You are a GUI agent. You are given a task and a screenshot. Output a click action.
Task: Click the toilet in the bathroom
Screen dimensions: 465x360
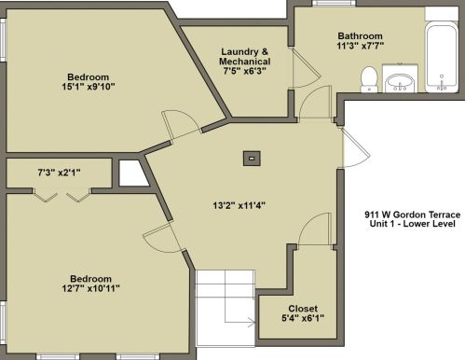369,79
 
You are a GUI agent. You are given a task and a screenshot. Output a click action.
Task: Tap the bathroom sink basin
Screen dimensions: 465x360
400,83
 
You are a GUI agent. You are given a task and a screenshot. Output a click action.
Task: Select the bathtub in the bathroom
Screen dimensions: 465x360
442,58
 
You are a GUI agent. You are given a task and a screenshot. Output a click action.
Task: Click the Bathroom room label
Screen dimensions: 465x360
360,35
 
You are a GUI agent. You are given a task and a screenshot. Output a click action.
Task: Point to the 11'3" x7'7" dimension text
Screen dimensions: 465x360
361,46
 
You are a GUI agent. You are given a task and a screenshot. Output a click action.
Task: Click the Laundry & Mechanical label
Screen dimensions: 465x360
244,56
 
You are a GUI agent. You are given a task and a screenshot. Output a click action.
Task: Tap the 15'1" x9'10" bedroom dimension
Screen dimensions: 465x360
89,87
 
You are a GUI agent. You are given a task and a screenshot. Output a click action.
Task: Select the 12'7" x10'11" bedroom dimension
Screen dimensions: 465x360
90,288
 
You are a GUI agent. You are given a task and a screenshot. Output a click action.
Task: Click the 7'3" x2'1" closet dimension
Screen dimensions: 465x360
59,172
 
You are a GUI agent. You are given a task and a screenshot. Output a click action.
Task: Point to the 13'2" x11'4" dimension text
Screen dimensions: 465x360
239,205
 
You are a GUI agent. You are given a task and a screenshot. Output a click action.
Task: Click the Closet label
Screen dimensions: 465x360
303,309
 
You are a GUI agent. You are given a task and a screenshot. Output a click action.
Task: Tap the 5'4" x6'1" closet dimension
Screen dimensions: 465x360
303,318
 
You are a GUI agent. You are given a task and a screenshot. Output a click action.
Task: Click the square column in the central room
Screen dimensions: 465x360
252,159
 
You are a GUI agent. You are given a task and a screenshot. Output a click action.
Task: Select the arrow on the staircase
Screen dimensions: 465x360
239,323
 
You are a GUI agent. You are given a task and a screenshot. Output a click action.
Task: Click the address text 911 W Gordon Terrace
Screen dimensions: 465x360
413,215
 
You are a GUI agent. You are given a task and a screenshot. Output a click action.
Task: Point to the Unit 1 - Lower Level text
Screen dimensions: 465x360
413,224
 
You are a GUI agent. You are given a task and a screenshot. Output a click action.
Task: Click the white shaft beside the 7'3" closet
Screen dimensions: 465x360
133,173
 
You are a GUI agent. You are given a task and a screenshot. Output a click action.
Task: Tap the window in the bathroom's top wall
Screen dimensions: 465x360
334,3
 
